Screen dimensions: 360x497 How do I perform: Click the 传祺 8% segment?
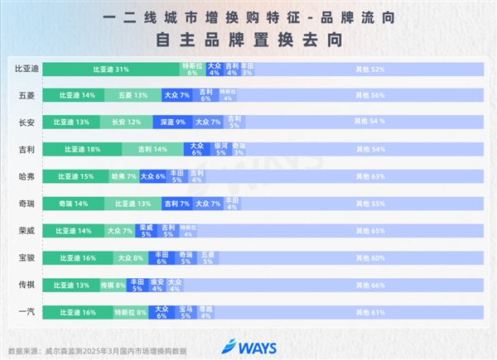click(x=113, y=285)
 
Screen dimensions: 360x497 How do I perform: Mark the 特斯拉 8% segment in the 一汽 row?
click(x=129, y=312)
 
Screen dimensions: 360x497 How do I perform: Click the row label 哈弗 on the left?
click(x=26, y=176)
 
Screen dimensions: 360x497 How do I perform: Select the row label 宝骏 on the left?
click(x=26, y=257)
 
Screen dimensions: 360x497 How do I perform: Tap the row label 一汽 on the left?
click(x=26, y=312)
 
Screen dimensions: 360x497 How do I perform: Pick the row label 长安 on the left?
click(x=26, y=122)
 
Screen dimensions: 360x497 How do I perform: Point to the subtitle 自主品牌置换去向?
click(x=248, y=38)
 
